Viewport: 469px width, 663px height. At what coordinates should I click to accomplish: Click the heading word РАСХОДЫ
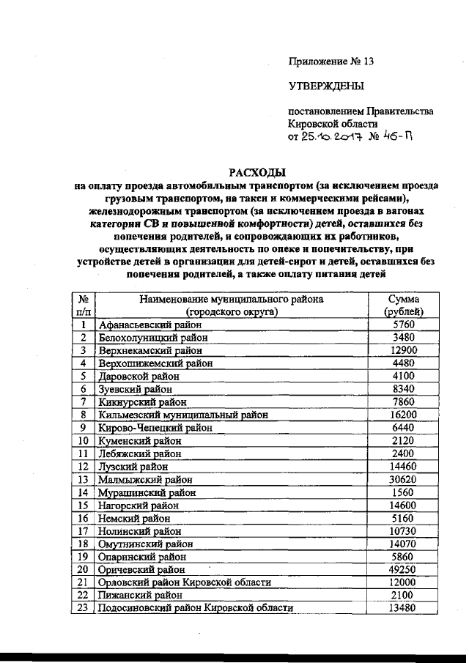click(256, 173)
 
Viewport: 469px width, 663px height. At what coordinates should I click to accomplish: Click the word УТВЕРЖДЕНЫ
click(325, 87)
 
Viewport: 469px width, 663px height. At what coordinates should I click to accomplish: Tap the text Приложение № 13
click(330, 62)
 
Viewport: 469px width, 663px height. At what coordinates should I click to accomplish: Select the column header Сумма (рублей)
click(404, 305)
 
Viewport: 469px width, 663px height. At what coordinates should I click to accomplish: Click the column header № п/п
click(84, 305)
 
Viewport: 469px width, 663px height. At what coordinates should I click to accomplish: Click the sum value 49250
click(404, 568)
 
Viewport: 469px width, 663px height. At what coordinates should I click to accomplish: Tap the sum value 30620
click(404, 479)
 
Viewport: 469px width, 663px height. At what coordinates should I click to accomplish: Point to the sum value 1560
click(404, 492)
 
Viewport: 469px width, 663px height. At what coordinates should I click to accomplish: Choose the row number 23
click(84, 607)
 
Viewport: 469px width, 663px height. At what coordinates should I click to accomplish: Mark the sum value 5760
click(404, 324)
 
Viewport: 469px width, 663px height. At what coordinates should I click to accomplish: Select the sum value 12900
click(404, 350)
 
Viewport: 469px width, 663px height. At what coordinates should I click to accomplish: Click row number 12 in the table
click(84, 466)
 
